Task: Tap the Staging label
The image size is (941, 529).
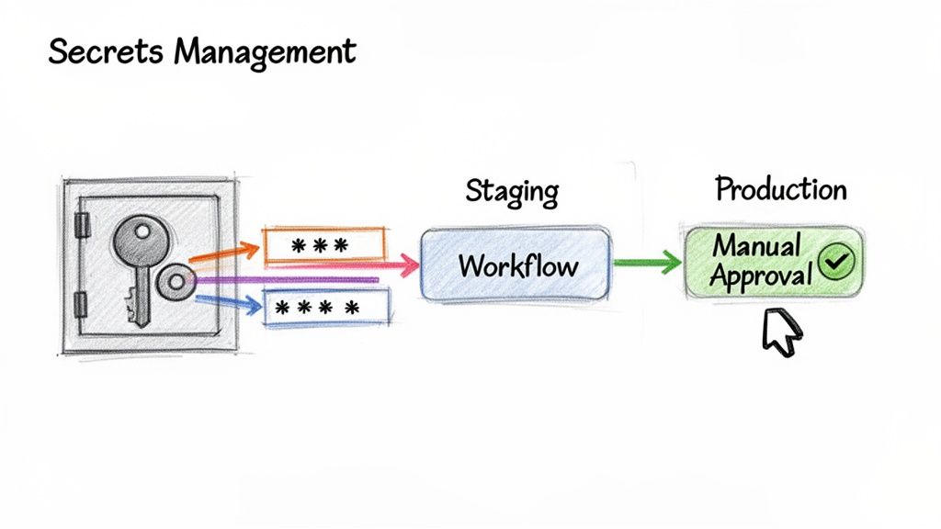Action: coord(512,192)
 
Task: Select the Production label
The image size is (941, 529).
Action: coord(781,190)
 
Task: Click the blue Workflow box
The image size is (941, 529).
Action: coord(516,264)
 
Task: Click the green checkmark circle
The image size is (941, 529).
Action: coord(836,263)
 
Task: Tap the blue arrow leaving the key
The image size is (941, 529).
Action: coord(225,300)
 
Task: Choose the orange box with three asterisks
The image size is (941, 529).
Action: coord(323,245)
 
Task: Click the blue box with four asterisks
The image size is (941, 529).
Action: coord(326,308)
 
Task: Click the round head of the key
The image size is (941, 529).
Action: coord(140,241)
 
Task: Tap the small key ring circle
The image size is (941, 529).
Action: coord(175,282)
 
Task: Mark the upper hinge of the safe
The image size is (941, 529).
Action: coord(81,223)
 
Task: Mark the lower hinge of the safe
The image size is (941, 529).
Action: coord(81,303)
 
